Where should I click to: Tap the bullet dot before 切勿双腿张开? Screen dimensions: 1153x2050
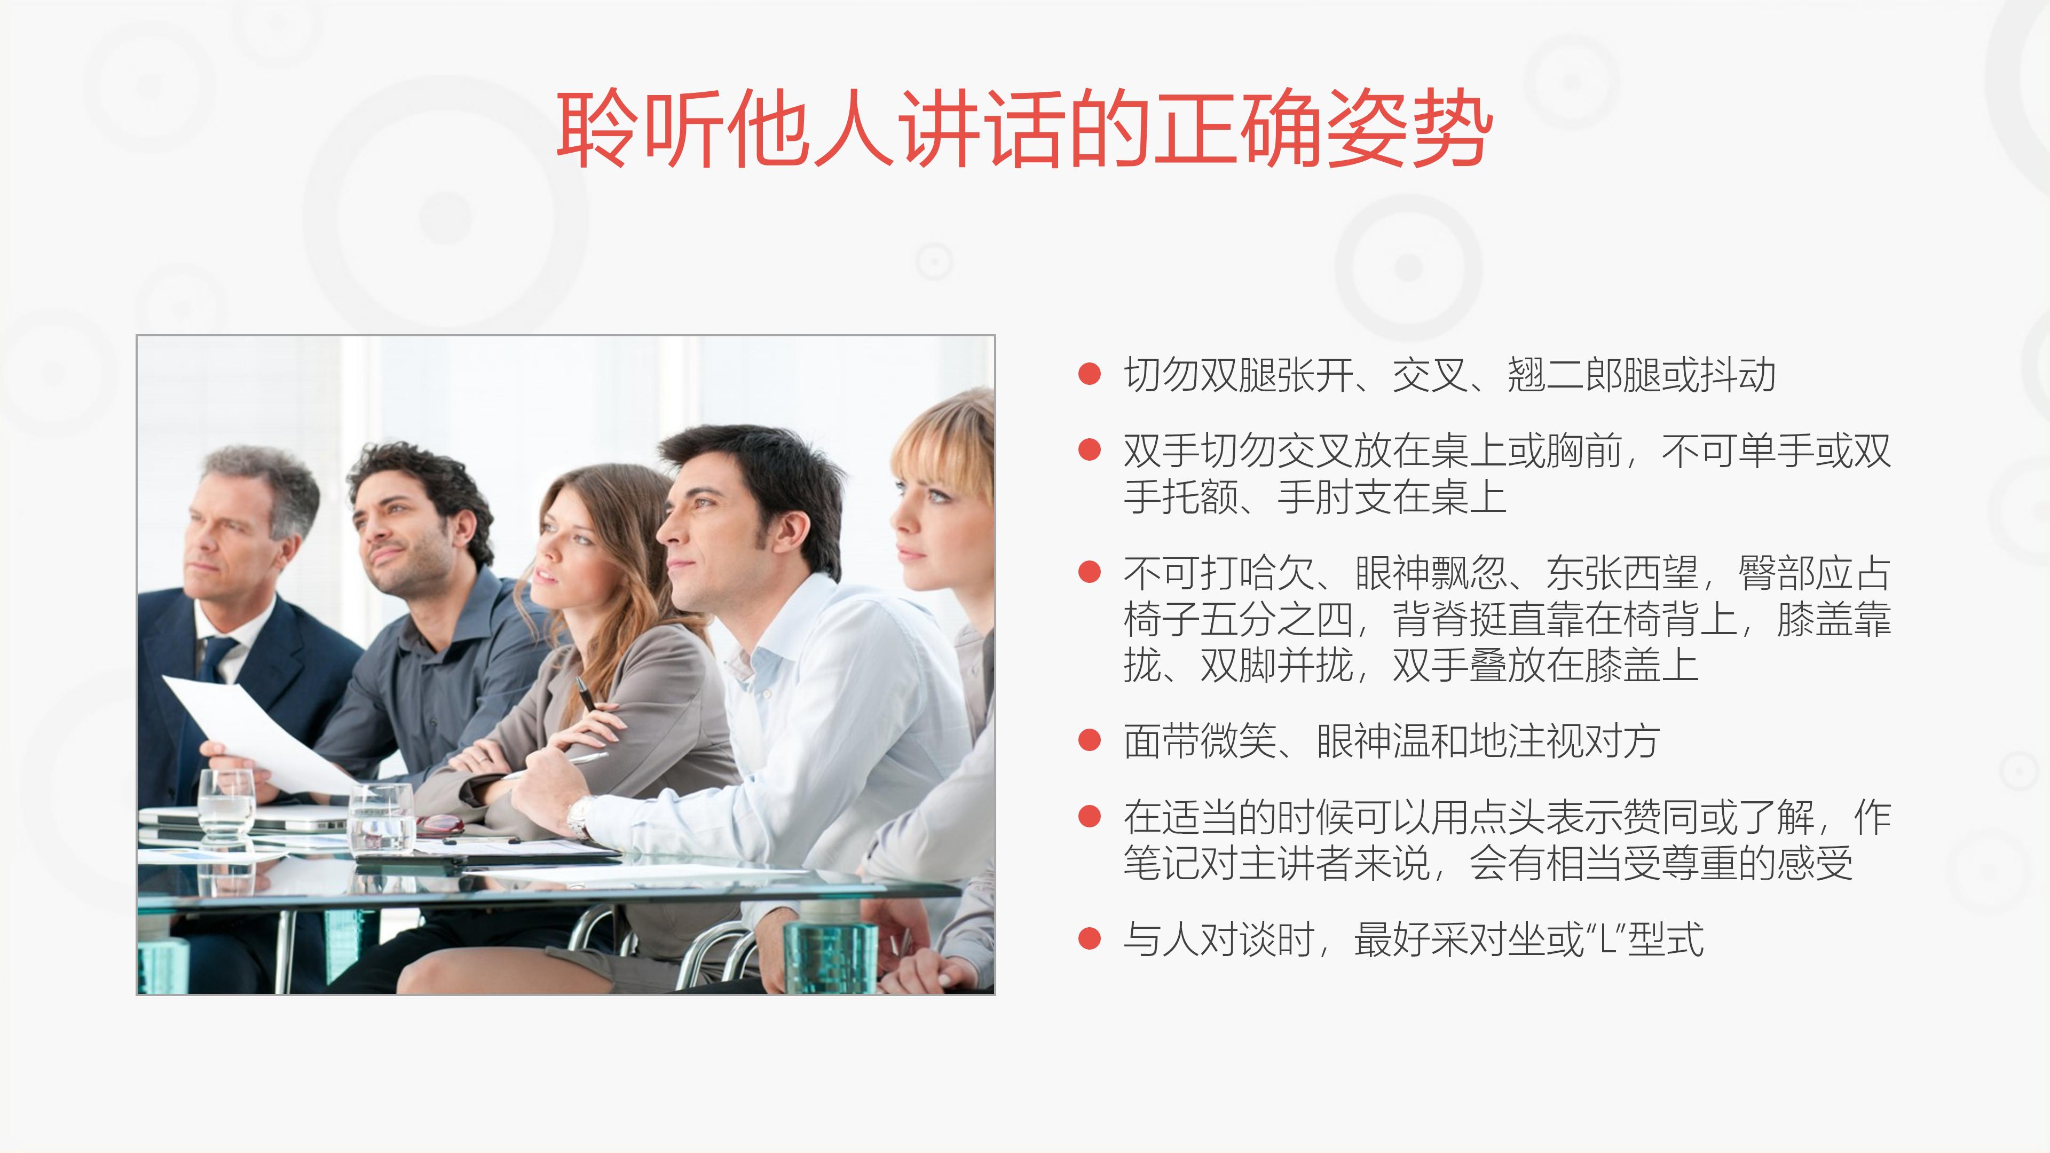[1089, 375]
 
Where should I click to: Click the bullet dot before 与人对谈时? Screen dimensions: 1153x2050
[1089, 939]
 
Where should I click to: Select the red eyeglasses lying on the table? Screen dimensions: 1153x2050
[440, 825]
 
